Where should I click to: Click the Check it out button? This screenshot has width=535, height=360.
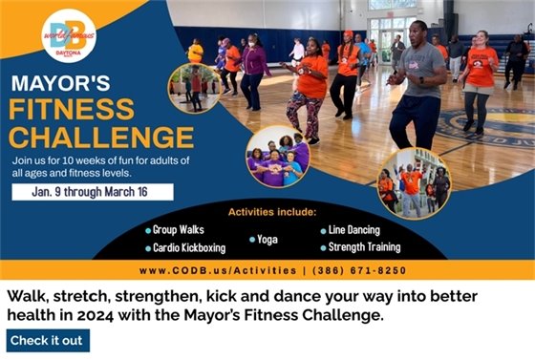47,340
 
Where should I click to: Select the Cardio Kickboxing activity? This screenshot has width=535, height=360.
189,247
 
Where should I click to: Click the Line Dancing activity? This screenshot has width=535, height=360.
351,230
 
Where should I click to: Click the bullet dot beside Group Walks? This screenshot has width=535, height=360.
149,230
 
